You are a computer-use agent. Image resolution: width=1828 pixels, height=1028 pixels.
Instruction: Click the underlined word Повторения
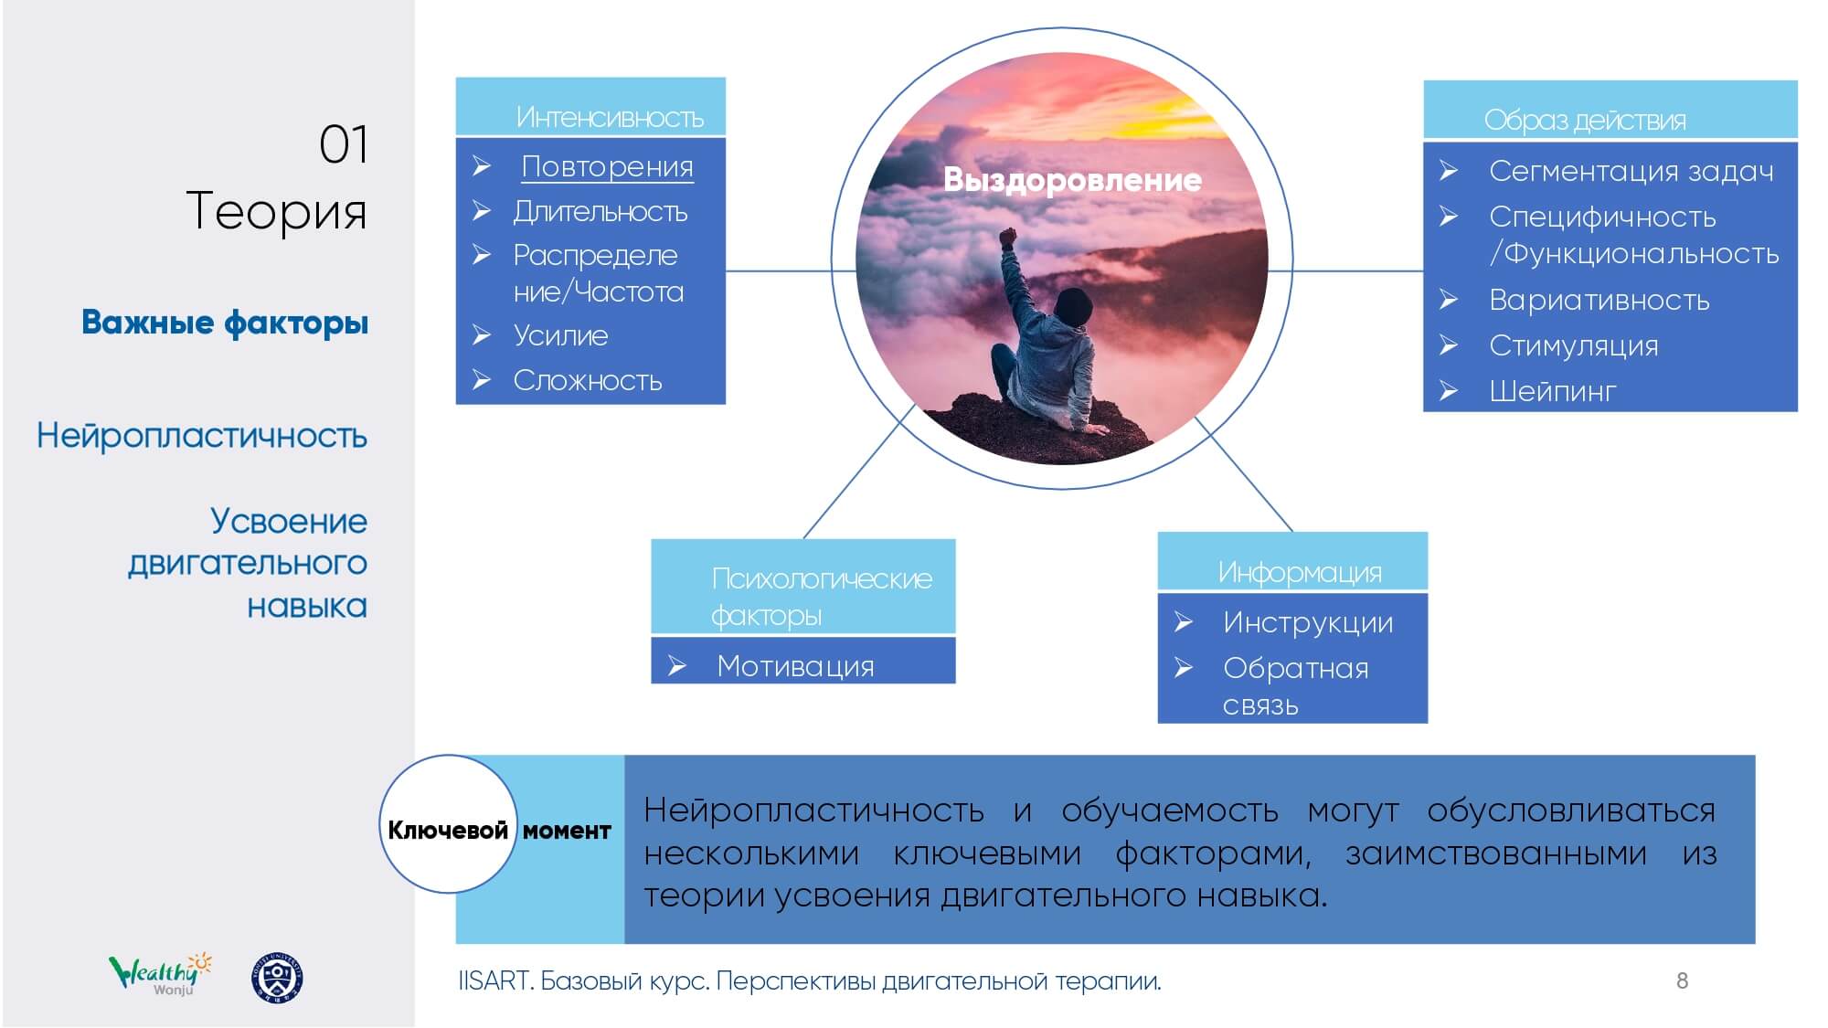pyautogui.click(x=607, y=167)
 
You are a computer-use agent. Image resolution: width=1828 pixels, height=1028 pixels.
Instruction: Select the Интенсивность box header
pyautogui.click(x=590, y=107)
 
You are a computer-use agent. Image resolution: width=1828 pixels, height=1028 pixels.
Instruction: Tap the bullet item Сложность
pyautogui.click(x=587, y=380)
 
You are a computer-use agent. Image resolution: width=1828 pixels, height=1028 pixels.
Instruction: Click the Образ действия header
pyautogui.click(x=1610, y=110)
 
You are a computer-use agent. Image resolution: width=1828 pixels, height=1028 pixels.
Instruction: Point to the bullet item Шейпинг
pyautogui.click(x=1552, y=391)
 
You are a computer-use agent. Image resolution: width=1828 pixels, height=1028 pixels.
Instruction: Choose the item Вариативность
pyautogui.click(x=1599, y=300)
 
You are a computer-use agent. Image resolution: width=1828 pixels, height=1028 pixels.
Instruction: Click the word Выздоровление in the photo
pyautogui.click(x=1072, y=180)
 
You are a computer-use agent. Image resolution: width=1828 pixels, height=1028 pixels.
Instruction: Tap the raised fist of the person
pyautogui.click(x=1008, y=237)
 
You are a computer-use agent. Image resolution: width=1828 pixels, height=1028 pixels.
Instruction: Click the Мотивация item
pyautogui.click(x=795, y=666)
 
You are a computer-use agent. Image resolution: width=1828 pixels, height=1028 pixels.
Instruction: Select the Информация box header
pyautogui.click(x=1292, y=561)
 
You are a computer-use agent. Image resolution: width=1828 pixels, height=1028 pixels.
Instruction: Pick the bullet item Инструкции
pyautogui.click(x=1308, y=622)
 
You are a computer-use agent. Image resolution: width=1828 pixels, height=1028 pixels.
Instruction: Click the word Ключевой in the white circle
pyautogui.click(x=448, y=830)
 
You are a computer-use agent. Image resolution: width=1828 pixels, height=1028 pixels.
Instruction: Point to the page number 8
pyautogui.click(x=1682, y=980)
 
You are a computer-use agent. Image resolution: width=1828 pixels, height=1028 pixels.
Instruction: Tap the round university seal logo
pyautogui.click(x=277, y=978)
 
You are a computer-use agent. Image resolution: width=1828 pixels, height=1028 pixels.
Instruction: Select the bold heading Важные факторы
pyautogui.click(x=225, y=323)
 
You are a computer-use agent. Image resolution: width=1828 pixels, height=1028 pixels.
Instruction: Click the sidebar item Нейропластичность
pyautogui.click(x=202, y=436)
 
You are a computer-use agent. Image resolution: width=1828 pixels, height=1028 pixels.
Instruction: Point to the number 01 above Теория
pyautogui.click(x=344, y=144)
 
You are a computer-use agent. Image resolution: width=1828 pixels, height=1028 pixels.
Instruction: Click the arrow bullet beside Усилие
pyautogui.click(x=482, y=335)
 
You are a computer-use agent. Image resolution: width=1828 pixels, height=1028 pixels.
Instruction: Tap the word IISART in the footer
pyautogui.click(x=494, y=980)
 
